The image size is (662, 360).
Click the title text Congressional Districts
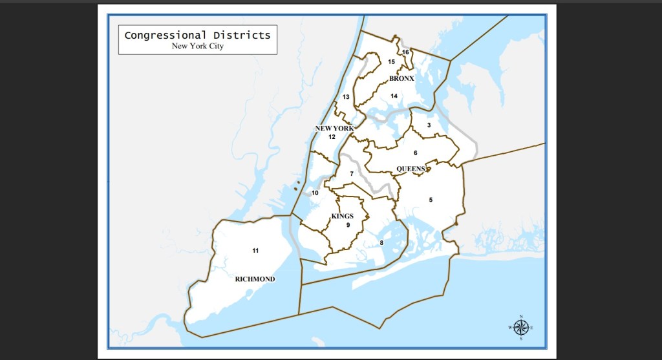(197, 35)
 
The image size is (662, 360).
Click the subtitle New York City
(197, 46)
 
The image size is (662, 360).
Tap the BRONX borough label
(401, 79)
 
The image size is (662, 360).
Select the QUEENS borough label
(411, 169)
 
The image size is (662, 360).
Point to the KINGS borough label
(343, 216)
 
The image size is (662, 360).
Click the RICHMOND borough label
(255, 279)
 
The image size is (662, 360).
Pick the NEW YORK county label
(334, 129)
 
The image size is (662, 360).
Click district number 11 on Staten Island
(255, 250)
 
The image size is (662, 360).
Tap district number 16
(406, 52)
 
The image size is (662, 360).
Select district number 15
(391, 61)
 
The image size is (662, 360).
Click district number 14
(394, 96)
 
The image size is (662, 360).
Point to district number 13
(346, 97)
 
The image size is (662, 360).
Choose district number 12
(332, 137)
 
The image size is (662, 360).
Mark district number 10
(315, 193)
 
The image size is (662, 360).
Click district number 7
(352, 174)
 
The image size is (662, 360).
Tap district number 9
(348, 225)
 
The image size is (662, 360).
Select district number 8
(381, 243)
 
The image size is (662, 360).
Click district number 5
(431, 200)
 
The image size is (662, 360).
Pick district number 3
(429, 125)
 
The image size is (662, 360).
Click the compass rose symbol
(521, 328)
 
